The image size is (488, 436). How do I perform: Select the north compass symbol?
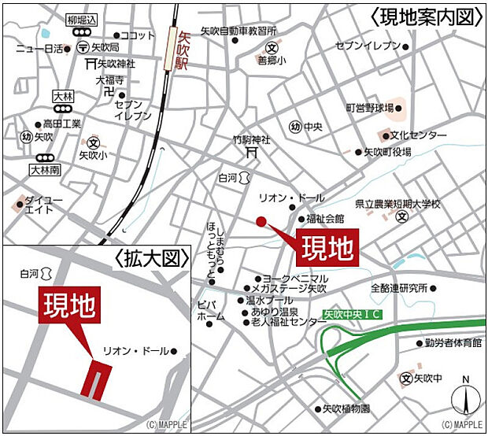click(464, 397)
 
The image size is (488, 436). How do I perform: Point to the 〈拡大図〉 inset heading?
click(153, 258)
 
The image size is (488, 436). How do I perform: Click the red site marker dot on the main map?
click(261, 221)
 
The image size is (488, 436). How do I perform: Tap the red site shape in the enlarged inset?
click(96, 380)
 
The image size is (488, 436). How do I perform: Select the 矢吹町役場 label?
click(387, 152)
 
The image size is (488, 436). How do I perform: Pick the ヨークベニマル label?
click(296, 279)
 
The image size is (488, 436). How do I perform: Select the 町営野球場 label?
click(371, 107)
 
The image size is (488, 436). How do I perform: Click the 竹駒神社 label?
click(251, 139)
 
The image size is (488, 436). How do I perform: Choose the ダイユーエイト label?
click(44, 205)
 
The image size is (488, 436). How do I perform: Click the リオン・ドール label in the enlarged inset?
click(135, 351)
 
